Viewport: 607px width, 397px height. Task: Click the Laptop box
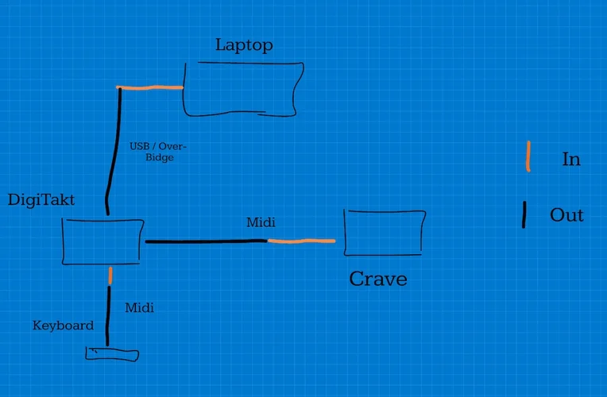243,89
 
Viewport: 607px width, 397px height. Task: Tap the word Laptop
244,45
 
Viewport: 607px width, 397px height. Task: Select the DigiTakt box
102,241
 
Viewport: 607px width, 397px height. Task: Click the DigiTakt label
41,200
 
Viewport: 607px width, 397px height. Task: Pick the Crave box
385,232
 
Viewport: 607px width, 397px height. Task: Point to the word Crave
378,279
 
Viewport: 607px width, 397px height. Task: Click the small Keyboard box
111,354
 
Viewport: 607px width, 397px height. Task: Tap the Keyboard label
63,326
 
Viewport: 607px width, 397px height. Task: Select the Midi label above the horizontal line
261,222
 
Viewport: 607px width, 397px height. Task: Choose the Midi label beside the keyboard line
139,307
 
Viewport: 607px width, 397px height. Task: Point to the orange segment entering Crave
301,240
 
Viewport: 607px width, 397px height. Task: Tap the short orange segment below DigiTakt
110,276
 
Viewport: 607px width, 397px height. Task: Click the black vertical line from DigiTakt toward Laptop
113,151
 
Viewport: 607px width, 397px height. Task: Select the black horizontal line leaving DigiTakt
205,241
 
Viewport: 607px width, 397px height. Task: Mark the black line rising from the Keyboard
108,315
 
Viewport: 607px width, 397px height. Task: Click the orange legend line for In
528,156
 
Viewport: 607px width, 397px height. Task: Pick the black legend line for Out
524,214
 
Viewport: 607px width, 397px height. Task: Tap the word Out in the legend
566,215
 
